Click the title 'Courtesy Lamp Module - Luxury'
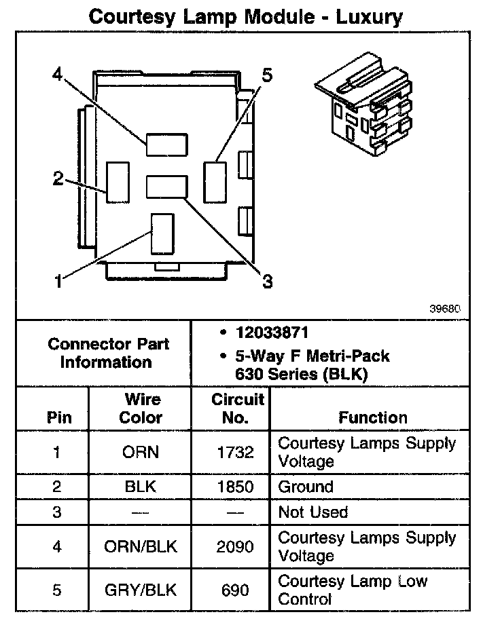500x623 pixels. tap(246, 16)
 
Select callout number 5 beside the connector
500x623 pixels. tap(266, 75)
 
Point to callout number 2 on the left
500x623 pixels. tap(58, 179)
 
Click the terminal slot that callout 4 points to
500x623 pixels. tap(166, 143)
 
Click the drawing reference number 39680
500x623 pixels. tap(445, 307)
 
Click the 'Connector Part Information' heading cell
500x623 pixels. tap(109, 352)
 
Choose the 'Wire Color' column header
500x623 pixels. tap(141, 409)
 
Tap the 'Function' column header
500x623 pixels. tap(373, 417)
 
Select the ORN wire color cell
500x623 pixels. tap(141, 452)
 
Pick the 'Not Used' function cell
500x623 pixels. tap(312, 512)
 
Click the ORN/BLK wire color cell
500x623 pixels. tap(141, 546)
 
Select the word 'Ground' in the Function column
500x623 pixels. tap(306, 487)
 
